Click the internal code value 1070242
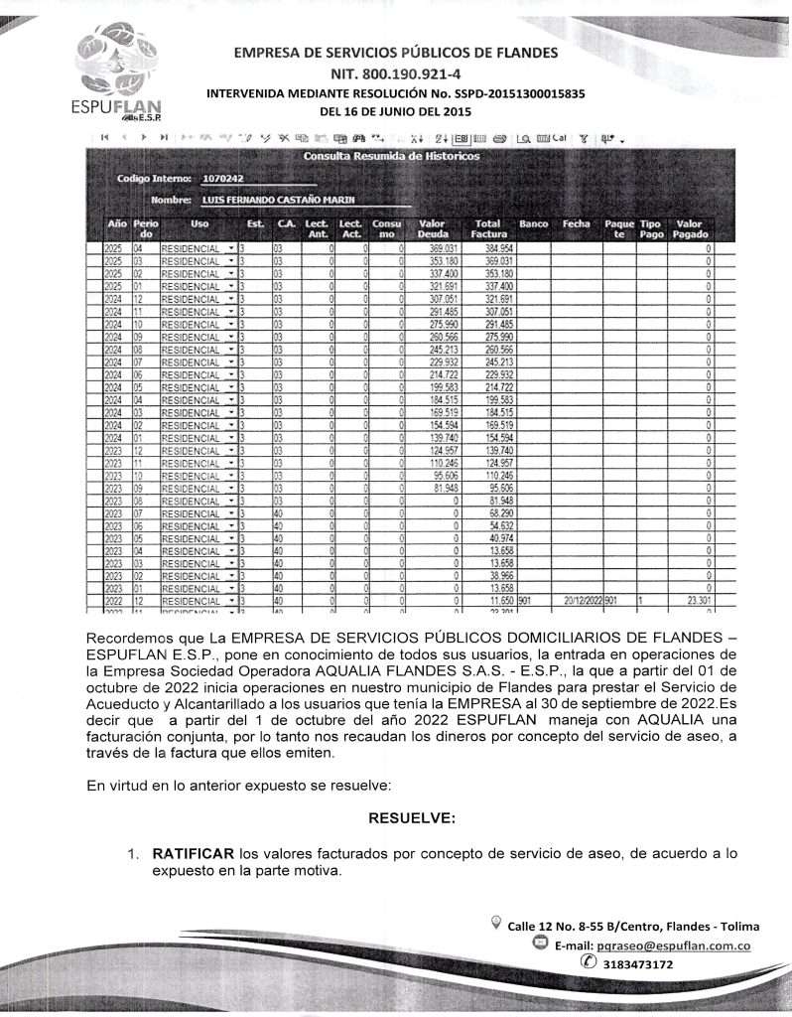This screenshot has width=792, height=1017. point(223,179)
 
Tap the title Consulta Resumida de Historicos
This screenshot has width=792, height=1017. point(391,157)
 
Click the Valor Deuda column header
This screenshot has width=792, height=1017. point(433,229)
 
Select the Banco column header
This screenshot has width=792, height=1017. point(534,224)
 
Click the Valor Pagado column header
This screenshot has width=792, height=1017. point(689,229)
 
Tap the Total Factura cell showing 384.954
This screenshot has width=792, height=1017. point(492,247)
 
